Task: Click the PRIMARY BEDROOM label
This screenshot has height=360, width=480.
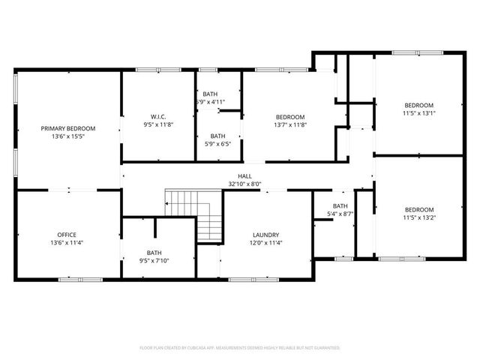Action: [x=68, y=129]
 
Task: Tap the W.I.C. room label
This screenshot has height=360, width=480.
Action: [x=158, y=116]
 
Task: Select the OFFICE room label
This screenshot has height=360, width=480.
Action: [x=67, y=235]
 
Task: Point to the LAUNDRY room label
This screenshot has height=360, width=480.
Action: [x=265, y=234]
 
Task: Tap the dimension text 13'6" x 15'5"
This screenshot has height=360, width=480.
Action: [x=68, y=137]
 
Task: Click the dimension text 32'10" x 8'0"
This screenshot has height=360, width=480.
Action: [x=244, y=184]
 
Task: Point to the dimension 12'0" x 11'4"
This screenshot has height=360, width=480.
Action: [x=265, y=242]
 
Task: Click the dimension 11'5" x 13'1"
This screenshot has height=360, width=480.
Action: [x=419, y=113]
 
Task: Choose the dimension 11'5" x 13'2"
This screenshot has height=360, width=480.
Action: [x=419, y=218]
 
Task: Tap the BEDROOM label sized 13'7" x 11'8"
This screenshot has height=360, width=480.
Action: [x=290, y=117]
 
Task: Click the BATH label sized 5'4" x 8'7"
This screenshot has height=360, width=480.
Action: [x=340, y=206]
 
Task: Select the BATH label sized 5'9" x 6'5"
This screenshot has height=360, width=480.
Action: [x=218, y=136]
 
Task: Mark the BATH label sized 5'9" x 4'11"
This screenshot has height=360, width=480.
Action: [x=210, y=94]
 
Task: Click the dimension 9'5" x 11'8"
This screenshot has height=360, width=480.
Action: [x=158, y=124]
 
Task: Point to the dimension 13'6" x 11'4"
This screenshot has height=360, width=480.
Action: [x=67, y=243]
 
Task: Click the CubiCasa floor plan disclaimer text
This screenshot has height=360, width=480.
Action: [x=240, y=348]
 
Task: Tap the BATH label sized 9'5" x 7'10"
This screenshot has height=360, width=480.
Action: [x=154, y=253]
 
